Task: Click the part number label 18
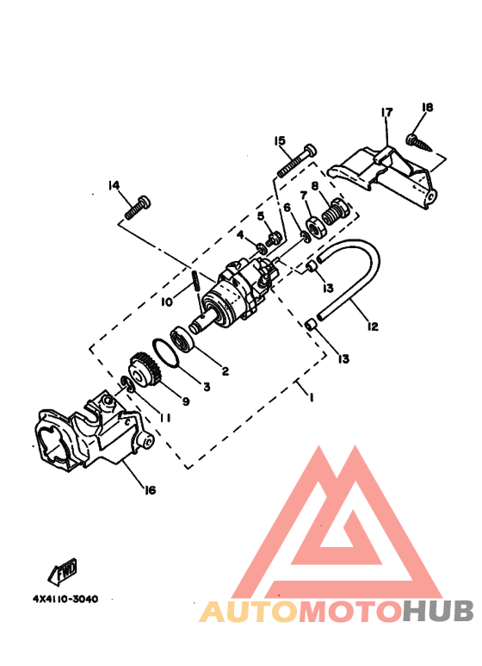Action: coord(427,107)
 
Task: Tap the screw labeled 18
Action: coord(419,143)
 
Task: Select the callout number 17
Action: coord(386,112)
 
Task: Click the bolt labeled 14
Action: coord(138,208)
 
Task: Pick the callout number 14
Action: coord(114,185)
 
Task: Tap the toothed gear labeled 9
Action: coord(145,370)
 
